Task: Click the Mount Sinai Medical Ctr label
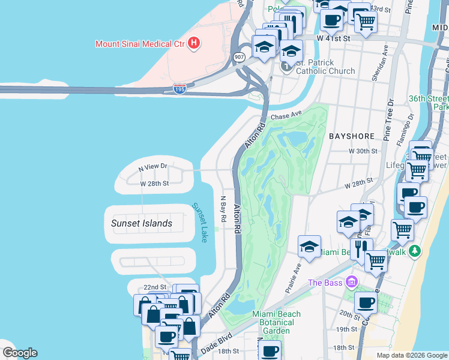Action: (x=140, y=43)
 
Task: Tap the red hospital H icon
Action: (x=194, y=43)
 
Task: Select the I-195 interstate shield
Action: (x=179, y=89)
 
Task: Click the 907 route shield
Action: (x=240, y=56)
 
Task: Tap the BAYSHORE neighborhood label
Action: (x=352, y=136)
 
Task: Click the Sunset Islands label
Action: (x=142, y=223)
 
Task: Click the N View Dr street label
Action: (x=152, y=165)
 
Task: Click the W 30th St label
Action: (x=364, y=152)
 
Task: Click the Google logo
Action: (x=20, y=353)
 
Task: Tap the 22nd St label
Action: (x=154, y=287)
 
